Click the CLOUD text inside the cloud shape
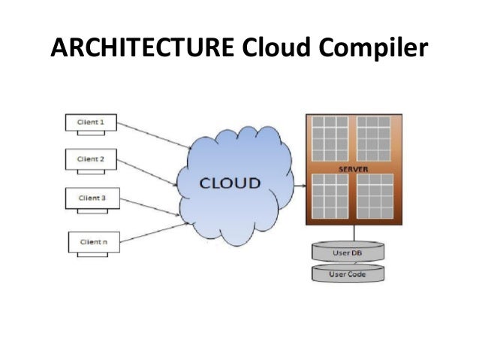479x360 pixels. [x=230, y=183]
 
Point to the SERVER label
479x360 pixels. [x=353, y=168]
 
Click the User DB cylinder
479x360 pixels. [x=348, y=253]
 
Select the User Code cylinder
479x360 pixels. [x=348, y=274]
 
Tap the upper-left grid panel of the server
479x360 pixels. [x=330, y=139]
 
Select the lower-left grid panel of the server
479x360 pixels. [x=330, y=196]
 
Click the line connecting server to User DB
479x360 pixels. [x=348, y=234]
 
